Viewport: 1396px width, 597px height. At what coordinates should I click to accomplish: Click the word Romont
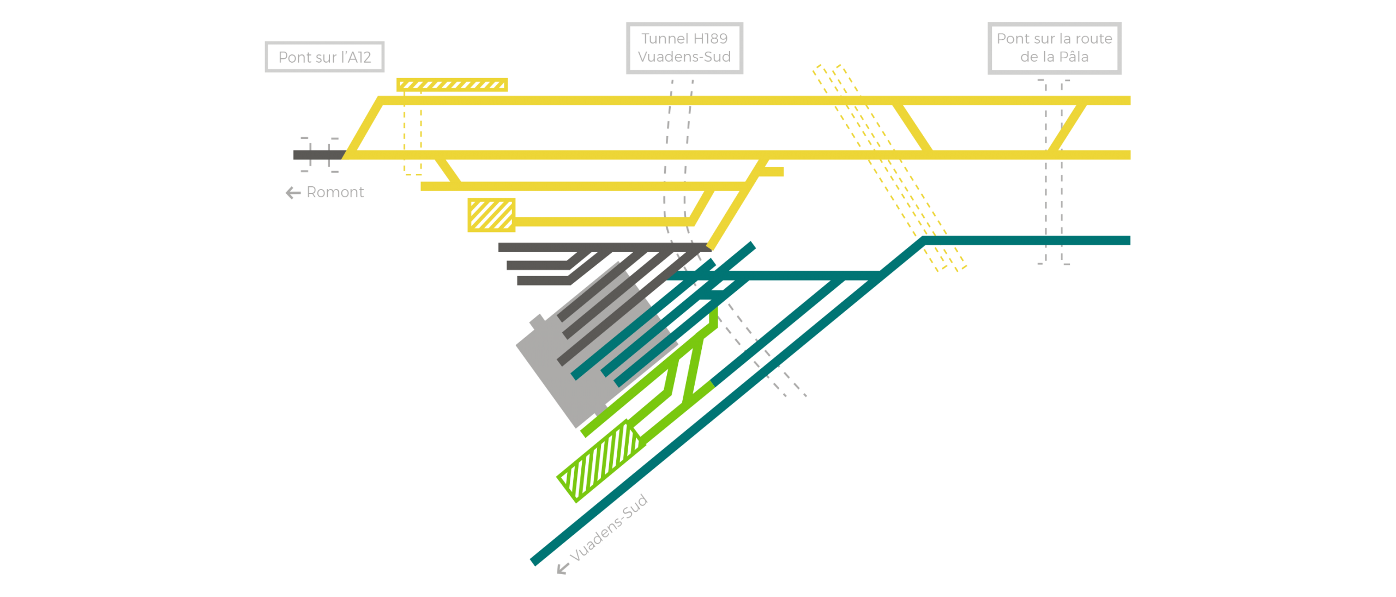(335, 192)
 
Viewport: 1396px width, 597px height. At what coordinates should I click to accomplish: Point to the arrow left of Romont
(293, 193)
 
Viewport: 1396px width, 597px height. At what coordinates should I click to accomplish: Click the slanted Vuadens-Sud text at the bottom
(609, 527)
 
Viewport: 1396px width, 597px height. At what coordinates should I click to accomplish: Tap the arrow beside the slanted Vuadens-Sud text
(563, 569)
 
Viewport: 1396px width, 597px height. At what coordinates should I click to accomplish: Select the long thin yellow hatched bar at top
(452, 84)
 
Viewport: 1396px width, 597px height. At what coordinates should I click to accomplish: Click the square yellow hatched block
(491, 215)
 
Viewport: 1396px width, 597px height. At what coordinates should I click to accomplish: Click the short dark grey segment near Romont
(319, 155)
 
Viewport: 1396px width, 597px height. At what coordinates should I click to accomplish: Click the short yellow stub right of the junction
(772, 172)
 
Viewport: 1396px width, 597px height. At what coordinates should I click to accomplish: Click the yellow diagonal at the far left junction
(363, 127)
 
